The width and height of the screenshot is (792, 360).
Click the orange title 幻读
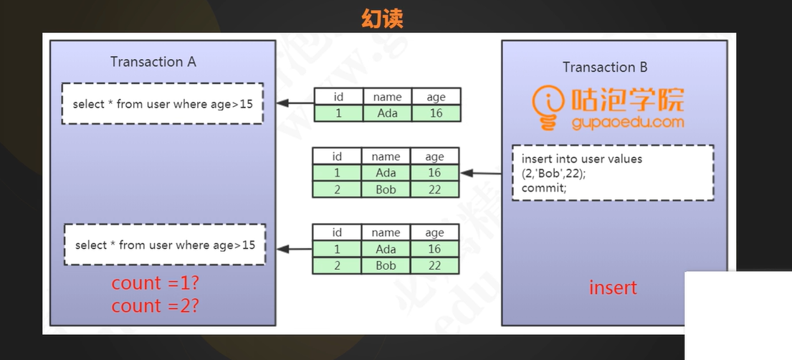coord(382,17)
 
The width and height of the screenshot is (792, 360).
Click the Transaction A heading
coord(153,62)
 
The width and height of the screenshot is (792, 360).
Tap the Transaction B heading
coord(605,67)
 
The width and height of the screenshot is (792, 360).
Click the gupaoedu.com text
coord(628,123)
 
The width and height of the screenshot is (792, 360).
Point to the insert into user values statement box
coord(612,173)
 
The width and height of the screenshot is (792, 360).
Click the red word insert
coord(613,288)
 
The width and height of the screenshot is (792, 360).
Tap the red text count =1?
coord(155,283)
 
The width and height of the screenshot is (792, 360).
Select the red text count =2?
coord(155,306)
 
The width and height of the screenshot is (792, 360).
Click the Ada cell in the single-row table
coord(387,113)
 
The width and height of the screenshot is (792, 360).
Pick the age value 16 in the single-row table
coord(436,113)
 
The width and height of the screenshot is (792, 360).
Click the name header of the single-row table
coord(387,97)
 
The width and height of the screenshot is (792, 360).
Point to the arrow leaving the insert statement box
coord(483,173)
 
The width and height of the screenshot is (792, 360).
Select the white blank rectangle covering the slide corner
coord(738,316)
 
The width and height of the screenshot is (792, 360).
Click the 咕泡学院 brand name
coord(627,100)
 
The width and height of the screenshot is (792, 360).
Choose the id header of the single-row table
coord(338,97)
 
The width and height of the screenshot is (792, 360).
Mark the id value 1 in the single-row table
coord(338,113)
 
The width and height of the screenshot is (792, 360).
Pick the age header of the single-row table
coord(436,97)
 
